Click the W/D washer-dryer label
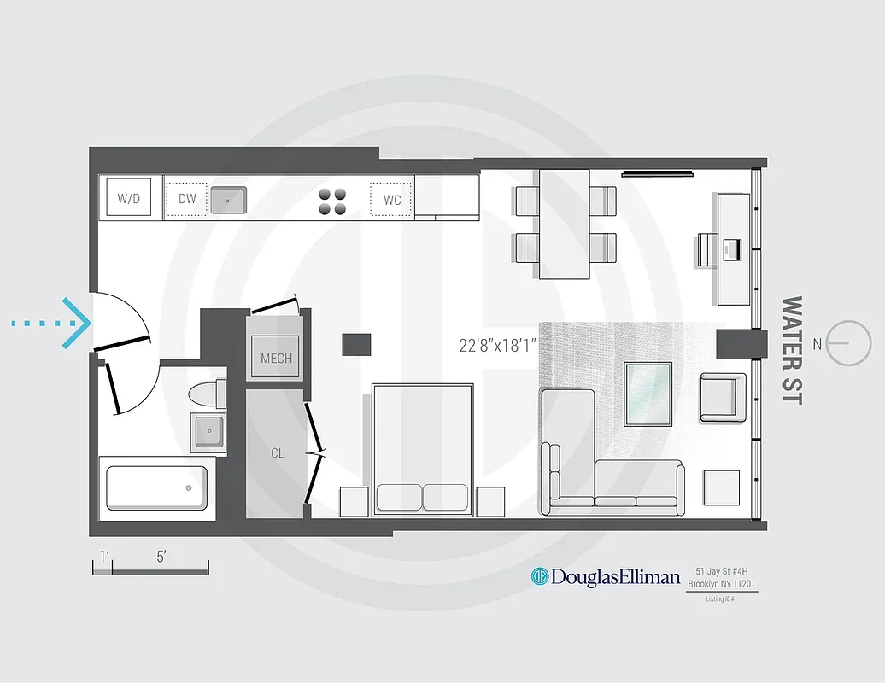128,199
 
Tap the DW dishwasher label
187,199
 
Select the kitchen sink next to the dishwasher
228,200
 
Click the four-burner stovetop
333,201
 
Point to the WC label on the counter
392,201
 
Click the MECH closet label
276,359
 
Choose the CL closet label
278,453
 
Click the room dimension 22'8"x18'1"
502,346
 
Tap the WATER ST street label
792,350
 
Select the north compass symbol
849,343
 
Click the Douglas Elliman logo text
615,577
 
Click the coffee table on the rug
648,394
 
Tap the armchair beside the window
724,397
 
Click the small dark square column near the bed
357,344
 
